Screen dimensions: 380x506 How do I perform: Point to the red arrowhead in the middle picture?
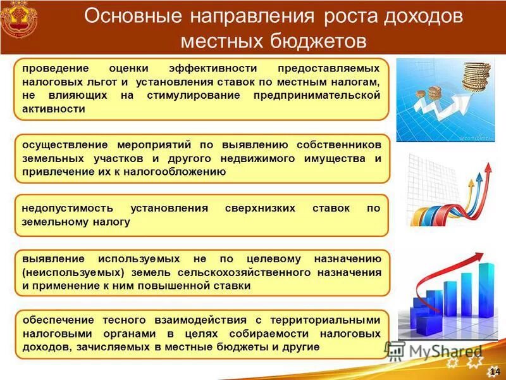(x=487, y=168)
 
